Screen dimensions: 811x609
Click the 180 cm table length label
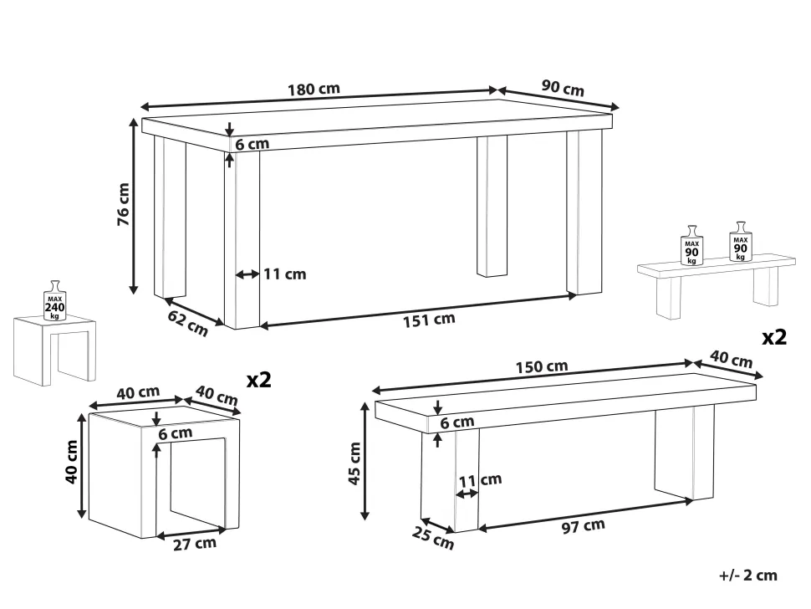[314, 89]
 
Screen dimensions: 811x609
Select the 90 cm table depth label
[563, 88]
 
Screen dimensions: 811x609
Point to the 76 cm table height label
[124, 204]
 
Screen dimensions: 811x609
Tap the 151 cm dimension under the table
[429, 320]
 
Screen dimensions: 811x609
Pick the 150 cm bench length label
[542, 367]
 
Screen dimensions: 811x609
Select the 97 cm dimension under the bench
[583, 526]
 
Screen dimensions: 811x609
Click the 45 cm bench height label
[354, 463]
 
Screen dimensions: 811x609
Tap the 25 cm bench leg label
[433, 537]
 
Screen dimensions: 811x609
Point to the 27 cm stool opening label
[195, 544]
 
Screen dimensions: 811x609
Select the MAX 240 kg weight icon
[54, 300]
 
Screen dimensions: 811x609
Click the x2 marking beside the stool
[258, 381]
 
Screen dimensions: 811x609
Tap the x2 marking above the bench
[774, 337]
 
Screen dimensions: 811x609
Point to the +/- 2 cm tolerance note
[748, 575]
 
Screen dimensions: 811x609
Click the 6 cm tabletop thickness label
[252, 144]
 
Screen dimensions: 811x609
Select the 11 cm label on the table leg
[285, 274]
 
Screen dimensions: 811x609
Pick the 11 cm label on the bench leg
[480, 480]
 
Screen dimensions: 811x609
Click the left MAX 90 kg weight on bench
[691, 245]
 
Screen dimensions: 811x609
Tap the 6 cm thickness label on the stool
[176, 433]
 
